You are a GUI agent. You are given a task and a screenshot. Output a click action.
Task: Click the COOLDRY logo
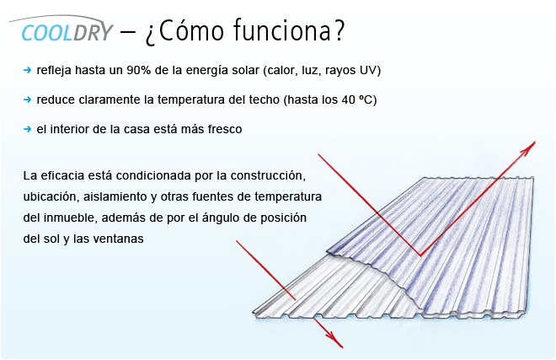pyautogui.click(x=61, y=29)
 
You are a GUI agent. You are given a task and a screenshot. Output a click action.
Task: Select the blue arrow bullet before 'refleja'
pyautogui.click(x=27, y=70)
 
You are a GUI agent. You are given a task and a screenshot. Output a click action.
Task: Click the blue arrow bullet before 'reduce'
pyautogui.click(x=27, y=99)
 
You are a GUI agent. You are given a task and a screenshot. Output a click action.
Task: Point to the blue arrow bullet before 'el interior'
pyautogui.click(x=27, y=129)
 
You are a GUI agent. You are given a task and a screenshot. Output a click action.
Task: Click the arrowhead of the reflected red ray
pyautogui.click(x=528, y=148)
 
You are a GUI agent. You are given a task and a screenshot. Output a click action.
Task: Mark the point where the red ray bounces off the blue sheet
pyautogui.click(x=420, y=255)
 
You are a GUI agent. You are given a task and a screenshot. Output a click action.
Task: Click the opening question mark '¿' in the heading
pyautogui.click(x=150, y=35)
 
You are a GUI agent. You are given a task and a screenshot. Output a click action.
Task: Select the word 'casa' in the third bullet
pyautogui.click(x=137, y=129)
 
